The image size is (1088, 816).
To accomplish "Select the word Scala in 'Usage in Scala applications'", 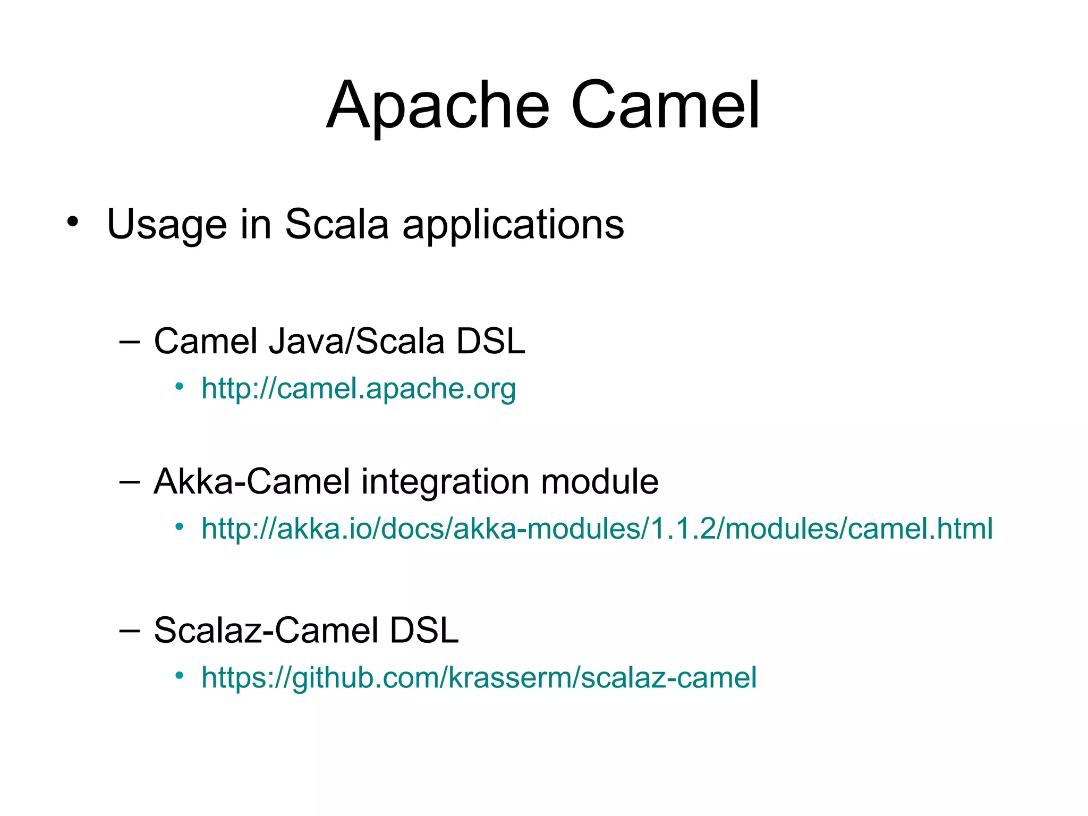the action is point(337,224).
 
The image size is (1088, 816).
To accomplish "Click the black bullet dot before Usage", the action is point(72,222).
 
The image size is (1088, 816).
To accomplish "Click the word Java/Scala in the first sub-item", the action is point(356,341).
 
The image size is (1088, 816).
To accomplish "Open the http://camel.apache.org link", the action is point(359,389).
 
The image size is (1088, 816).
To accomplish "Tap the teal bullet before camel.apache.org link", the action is point(180,386).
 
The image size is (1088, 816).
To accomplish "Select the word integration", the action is point(445,482).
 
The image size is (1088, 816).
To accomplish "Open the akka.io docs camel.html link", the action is point(597,529).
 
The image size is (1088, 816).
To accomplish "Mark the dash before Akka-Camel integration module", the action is point(130,481).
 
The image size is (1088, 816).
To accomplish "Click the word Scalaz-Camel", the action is point(266,630).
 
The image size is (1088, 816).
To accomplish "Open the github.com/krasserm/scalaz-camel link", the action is point(479,678).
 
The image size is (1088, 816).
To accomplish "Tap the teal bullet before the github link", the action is point(180,675).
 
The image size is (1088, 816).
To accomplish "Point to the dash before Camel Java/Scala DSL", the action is point(130,341).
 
